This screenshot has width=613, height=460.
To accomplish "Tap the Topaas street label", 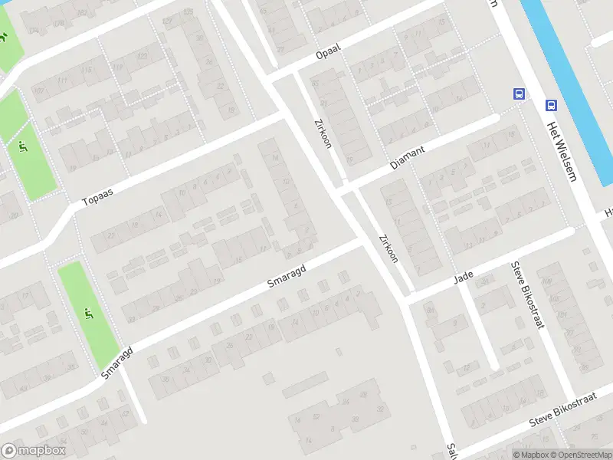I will [x=97, y=197].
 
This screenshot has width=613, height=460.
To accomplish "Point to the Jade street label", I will [x=464, y=274].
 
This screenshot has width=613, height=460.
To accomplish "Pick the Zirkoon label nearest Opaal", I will [x=323, y=133].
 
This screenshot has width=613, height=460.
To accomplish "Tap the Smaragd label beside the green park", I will [x=116, y=361].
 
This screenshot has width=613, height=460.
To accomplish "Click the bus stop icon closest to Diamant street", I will [x=519, y=94].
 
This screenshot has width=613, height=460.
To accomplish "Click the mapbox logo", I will [x=34, y=451].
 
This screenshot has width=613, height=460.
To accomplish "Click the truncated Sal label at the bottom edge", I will [x=451, y=450].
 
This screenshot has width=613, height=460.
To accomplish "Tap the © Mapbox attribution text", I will [x=531, y=455].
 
